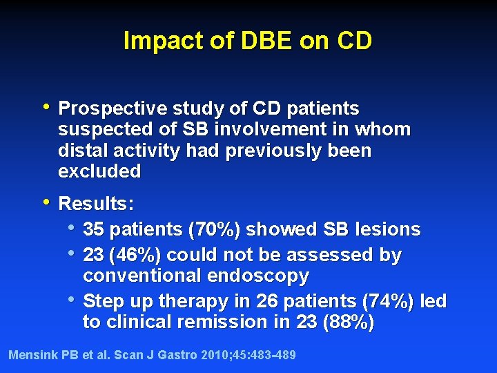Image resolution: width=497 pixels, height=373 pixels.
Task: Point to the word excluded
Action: pyautogui.click(x=99, y=171)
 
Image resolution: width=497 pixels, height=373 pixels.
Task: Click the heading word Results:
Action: pyautogui.click(x=97, y=204)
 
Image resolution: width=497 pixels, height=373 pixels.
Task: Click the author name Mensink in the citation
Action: pyautogui.click(x=33, y=355)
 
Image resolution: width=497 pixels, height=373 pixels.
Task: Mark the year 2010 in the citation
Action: pyautogui.click(x=213, y=355)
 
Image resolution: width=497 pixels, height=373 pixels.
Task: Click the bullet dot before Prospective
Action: pyautogui.click(x=46, y=107)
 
